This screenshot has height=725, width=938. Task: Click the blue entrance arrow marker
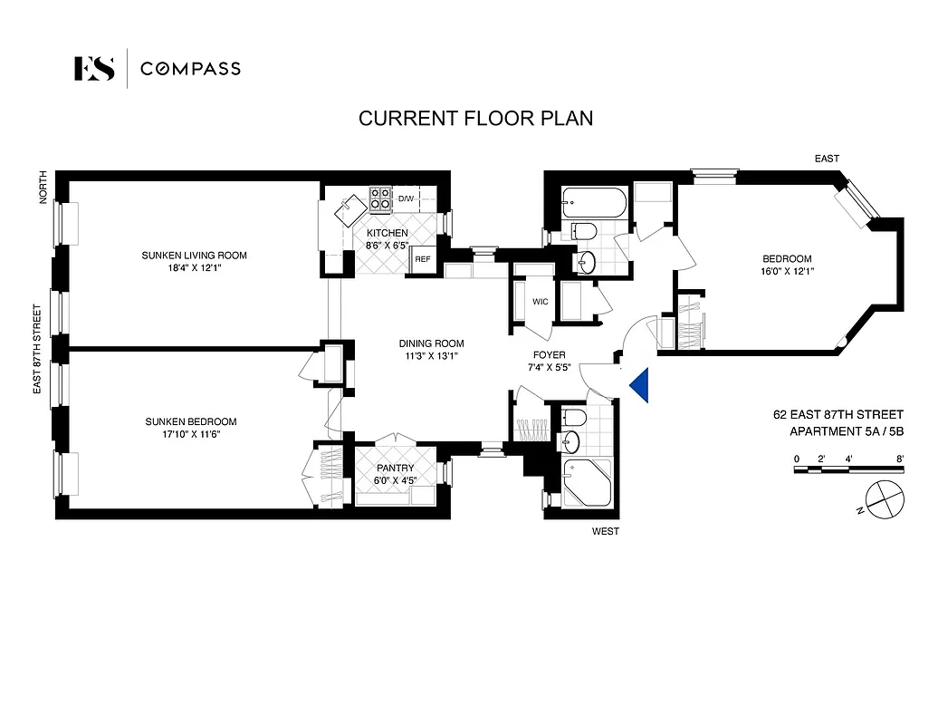pyautogui.click(x=640, y=385)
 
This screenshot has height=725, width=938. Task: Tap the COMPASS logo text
pyautogui.click(x=190, y=69)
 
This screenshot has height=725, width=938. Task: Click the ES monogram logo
pyautogui.click(x=94, y=69)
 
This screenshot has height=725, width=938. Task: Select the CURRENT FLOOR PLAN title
pyautogui.click(x=475, y=119)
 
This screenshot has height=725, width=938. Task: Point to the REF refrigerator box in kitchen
pyautogui.click(x=422, y=259)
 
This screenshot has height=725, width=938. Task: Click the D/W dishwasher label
pyautogui.click(x=406, y=198)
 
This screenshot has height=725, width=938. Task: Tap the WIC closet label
pyautogui.click(x=541, y=302)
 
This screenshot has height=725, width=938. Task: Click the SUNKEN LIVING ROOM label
pyautogui.click(x=194, y=256)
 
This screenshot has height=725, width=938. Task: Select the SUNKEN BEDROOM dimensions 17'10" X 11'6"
pyautogui.click(x=191, y=434)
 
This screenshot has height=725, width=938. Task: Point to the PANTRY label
pyautogui.click(x=395, y=468)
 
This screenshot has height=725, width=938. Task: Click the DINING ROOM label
pyautogui.click(x=431, y=343)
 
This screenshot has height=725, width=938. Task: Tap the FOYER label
pyautogui.click(x=550, y=355)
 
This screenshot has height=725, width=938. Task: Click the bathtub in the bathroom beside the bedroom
pyautogui.click(x=594, y=202)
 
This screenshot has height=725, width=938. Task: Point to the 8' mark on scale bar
pyautogui.click(x=899, y=459)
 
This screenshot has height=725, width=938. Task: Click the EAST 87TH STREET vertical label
pyautogui.click(x=37, y=348)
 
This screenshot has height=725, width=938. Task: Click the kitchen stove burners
pyautogui.click(x=379, y=198)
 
